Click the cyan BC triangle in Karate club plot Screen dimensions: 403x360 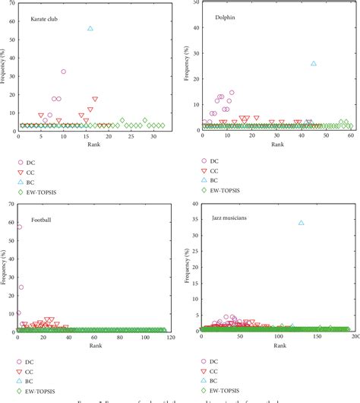pyautogui.click(x=90, y=28)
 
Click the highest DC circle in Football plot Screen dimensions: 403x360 pyautogui.click(x=19, y=227)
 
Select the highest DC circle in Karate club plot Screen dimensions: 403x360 pyautogui.click(x=64, y=71)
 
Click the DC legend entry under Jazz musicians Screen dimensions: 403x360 pyautogui.click(x=214, y=361)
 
